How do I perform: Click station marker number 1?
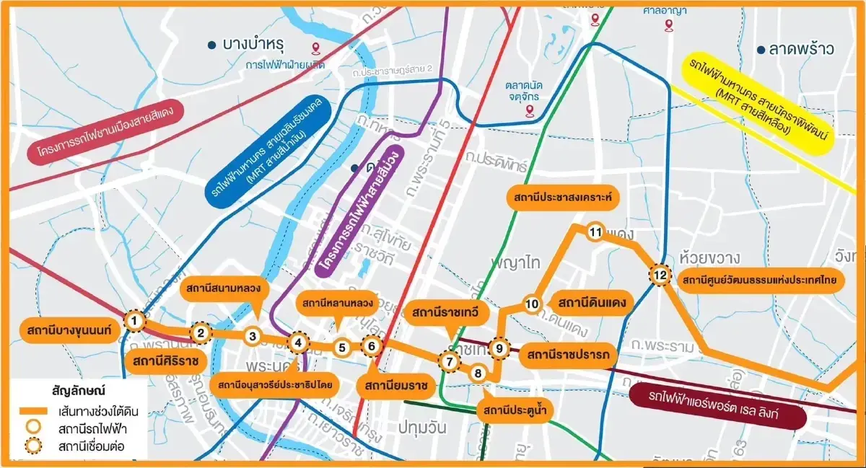134,320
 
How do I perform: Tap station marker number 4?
298,343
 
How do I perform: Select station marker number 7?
449,361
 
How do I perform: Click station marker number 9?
499,348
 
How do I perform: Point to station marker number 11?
595,232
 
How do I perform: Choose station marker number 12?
660,274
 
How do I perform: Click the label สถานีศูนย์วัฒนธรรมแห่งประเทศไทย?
758,280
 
